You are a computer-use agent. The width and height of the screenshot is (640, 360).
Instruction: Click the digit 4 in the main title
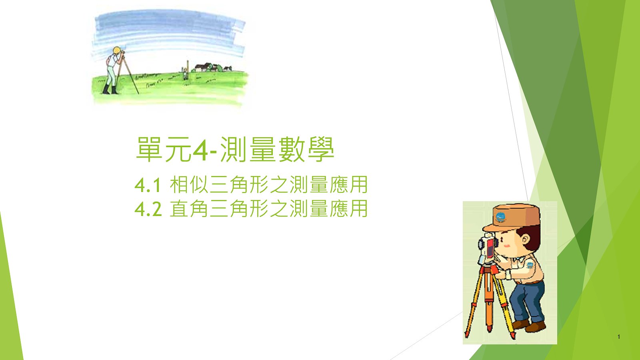(200, 150)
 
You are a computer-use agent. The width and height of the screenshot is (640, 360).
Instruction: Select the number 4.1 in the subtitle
(148, 185)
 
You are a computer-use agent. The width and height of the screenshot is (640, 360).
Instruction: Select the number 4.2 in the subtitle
(148, 209)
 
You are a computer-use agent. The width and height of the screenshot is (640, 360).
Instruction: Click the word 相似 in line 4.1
(189, 184)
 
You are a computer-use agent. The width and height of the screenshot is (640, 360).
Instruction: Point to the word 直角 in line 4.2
(189, 208)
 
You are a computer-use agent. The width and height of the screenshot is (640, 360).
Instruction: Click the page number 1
(618, 337)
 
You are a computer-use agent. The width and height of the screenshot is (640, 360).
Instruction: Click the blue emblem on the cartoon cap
(500, 217)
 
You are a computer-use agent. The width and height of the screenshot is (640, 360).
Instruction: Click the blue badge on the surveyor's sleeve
(530, 265)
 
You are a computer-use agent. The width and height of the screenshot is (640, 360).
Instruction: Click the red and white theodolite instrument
(488, 248)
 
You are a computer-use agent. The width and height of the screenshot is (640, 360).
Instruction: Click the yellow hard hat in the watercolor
(116, 50)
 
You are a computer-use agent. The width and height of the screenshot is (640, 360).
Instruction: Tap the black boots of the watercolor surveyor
(110, 89)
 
